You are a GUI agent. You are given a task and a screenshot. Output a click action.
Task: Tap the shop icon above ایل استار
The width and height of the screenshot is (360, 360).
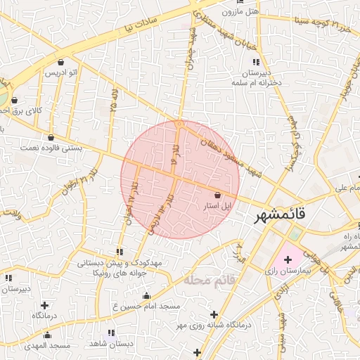point(217,194)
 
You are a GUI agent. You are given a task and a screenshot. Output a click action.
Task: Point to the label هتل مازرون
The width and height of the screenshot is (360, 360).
point(240,11)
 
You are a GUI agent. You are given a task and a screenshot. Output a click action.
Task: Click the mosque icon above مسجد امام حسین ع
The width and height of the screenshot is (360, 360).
point(146,296)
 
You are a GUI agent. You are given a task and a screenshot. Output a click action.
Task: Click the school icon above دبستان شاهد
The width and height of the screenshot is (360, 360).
point(111,332)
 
